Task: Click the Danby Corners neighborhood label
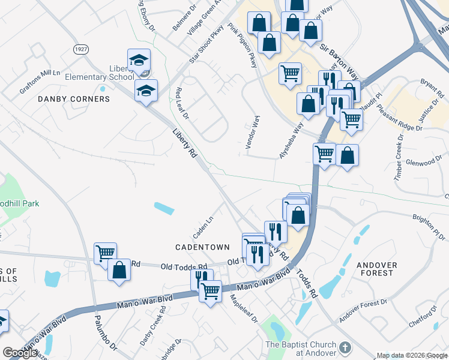(74, 98)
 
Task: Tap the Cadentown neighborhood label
(202, 247)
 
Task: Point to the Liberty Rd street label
(185, 143)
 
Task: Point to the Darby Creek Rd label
(153, 331)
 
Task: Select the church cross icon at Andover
(345, 348)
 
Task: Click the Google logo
(20, 353)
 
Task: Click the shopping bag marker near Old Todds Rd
(119, 270)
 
